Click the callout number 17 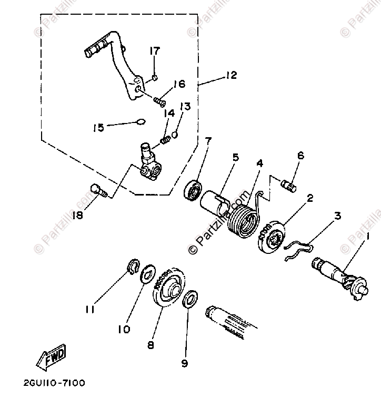[x=154, y=51]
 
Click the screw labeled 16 [x=159, y=99]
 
